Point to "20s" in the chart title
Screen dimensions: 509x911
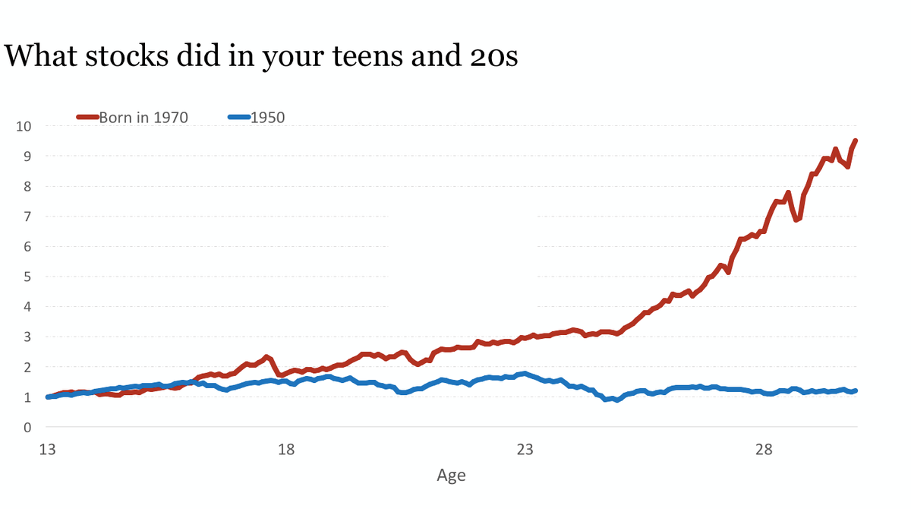tap(490, 56)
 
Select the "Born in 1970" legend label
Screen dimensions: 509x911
tap(143, 117)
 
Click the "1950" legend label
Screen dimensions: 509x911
tap(267, 117)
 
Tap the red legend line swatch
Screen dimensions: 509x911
tap(87, 117)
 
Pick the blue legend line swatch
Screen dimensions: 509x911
tap(238, 117)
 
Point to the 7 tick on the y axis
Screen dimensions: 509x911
tap(27, 217)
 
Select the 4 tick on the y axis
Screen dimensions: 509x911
tap(27, 307)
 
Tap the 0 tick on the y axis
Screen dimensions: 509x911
tap(27, 428)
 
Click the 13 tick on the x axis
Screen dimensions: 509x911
tap(47, 450)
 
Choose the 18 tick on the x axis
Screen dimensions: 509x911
tap(286, 450)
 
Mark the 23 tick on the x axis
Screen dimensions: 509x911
tap(525, 450)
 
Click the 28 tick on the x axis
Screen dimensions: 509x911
tap(764, 450)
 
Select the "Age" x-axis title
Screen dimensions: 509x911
tap(451, 476)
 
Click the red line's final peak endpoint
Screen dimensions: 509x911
tap(856, 141)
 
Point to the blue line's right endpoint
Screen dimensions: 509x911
tap(856, 390)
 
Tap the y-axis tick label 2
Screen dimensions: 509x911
tap(27, 367)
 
